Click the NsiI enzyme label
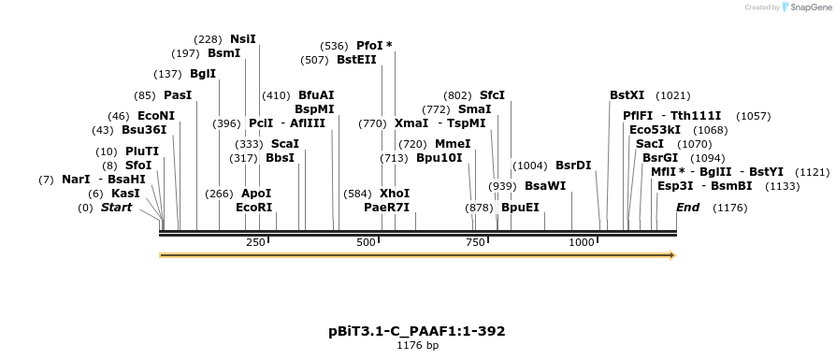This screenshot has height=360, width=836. pos(243,39)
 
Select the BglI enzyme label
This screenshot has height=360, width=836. pos(203,74)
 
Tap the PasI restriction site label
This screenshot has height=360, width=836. pos(177,95)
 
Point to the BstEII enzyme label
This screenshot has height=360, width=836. pos(356,60)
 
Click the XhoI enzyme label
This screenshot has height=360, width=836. pos(395,194)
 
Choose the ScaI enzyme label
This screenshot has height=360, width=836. pos(285,144)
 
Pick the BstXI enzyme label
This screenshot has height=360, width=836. pos(627,95)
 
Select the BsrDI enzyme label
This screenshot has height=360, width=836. pos(573,166)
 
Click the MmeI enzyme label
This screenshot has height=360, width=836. pos(453,144)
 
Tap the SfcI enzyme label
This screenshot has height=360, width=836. pos(492,95)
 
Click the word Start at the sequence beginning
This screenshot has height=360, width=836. pos(117,208)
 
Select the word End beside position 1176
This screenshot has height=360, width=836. pos(687,208)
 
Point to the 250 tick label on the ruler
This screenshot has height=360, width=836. pos(255,242)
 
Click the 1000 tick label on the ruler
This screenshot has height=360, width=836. pos(582,242)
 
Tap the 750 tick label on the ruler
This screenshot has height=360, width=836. pos(474,242)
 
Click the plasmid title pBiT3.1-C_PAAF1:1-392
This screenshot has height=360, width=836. pos(417,331)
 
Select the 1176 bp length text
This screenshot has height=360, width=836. pos(417,346)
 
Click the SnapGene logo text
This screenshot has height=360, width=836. pos(806,7)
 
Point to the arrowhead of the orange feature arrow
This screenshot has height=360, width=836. pos(671,254)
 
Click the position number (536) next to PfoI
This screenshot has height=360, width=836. pos(334,46)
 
